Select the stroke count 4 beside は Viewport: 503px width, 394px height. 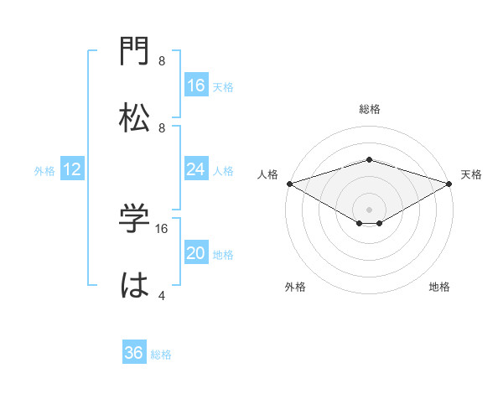click(161, 295)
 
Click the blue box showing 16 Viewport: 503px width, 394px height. click(196, 86)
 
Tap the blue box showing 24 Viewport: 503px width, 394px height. click(196, 169)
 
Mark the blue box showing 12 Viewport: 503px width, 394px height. click(72, 170)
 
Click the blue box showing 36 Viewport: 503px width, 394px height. click(134, 353)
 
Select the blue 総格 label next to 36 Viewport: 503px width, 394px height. click(161, 355)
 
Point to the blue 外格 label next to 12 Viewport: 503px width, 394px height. click(44, 171)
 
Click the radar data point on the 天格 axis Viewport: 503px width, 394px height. click(450, 183)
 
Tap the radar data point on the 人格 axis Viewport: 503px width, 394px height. click(288, 183)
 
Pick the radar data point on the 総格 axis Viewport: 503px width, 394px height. click(369, 159)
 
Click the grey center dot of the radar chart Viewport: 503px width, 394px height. click(369, 209)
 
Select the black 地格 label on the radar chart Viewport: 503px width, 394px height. click(439, 288)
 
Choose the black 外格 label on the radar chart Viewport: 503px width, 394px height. click(295, 288)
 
